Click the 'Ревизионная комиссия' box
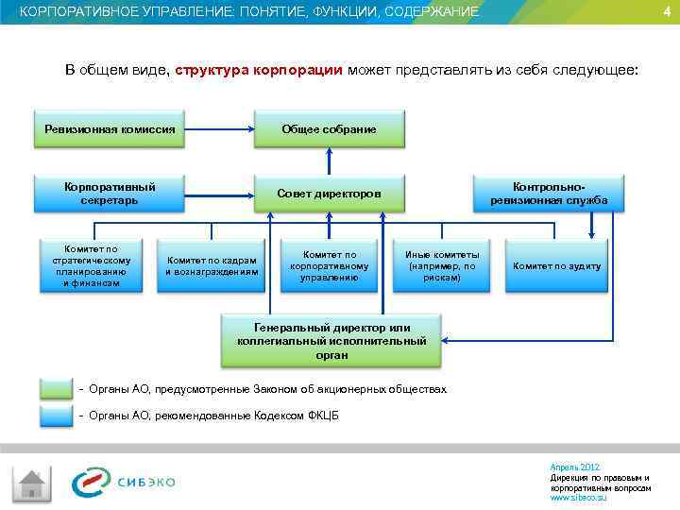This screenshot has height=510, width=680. click(x=110, y=129)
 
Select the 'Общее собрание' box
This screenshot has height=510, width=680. click(x=329, y=129)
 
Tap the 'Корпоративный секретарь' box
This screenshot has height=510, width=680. click(x=110, y=194)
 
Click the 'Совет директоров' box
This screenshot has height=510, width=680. click(x=329, y=194)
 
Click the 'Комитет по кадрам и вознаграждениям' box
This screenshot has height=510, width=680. click(x=212, y=265)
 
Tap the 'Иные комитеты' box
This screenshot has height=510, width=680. click(x=442, y=265)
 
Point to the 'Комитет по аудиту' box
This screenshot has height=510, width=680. click(x=556, y=265)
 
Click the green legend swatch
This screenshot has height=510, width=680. click(x=56, y=389)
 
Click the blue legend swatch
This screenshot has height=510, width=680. click(x=56, y=416)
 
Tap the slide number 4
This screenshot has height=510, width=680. click(x=667, y=11)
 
